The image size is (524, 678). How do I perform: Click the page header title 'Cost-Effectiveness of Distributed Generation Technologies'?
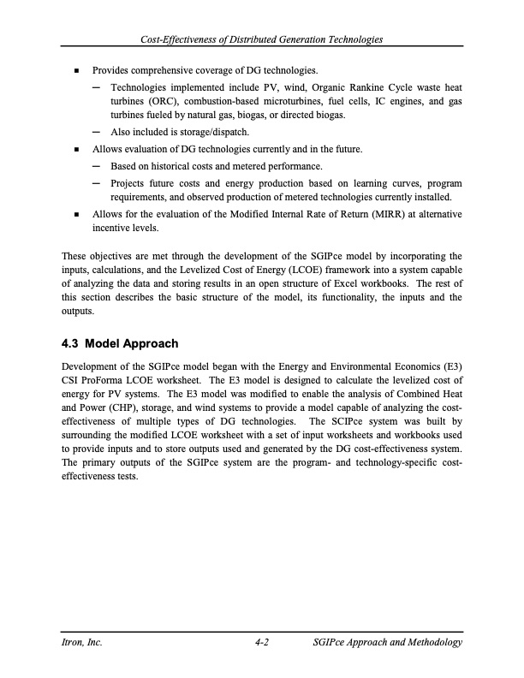click(262, 40)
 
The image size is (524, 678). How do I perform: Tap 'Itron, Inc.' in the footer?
click(84, 643)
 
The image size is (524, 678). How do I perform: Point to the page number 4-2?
click(263, 643)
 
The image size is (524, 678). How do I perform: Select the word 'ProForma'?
click(103, 381)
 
